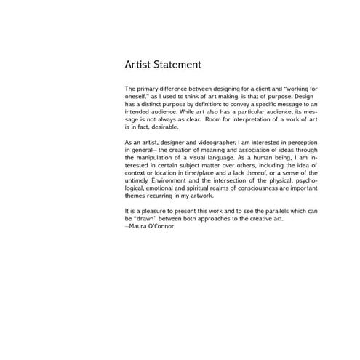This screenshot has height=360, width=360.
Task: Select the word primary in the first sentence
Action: click(x=151, y=88)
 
